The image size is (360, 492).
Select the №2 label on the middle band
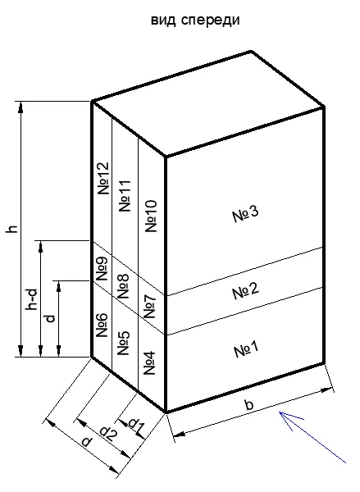click(x=246, y=291)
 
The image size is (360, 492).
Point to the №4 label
click(x=149, y=363)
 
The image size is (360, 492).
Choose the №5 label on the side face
click(x=123, y=343)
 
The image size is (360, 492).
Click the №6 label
click(x=102, y=326)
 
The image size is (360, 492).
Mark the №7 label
click(x=149, y=306)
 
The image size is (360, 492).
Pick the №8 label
click(x=123, y=286)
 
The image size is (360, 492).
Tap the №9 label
click(x=102, y=269)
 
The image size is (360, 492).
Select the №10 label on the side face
click(x=151, y=216)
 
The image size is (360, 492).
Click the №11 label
click(x=125, y=196)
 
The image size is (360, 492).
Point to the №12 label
click(x=103, y=178)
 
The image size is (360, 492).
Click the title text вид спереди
click(x=195, y=20)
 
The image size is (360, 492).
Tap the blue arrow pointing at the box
click(x=312, y=437)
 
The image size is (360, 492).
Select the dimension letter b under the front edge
click(x=249, y=404)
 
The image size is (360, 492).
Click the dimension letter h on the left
click(x=12, y=229)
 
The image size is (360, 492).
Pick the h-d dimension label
click(x=33, y=299)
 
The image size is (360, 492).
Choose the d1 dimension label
click(x=136, y=424)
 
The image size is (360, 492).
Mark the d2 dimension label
click(x=108, y=434)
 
